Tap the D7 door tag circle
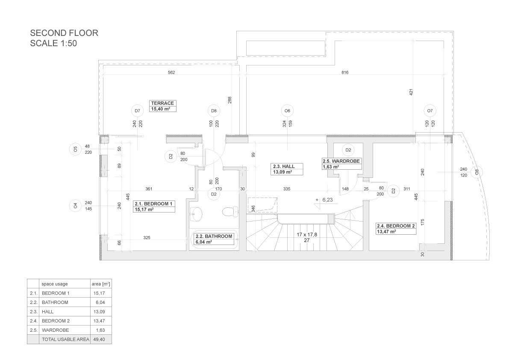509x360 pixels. (x=137, y=111)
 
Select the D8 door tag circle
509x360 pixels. (x=214, y=111)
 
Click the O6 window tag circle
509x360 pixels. (x=287, y=111)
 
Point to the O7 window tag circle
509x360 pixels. (x=430, y=111)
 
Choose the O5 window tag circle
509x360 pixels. (x=75, y=149)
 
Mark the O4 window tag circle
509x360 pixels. (x=75, y=206)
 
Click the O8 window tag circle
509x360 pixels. (x=477, y=172)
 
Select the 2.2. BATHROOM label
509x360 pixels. (x=214, y=239)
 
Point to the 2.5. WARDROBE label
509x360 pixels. (x=341, y=164)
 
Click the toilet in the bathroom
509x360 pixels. (x=230, y=212)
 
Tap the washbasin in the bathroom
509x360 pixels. (x=196, y=214)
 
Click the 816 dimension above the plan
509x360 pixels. (x=345, y=72)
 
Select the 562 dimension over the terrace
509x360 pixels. (x=171, y=72)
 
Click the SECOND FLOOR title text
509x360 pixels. (x=64, y=33)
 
